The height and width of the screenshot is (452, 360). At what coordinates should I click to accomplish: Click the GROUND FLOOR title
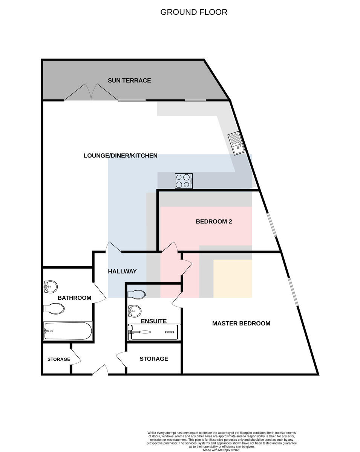[x=194, y=12]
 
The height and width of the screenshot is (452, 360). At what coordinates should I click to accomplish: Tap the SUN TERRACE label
[x=129, y=81]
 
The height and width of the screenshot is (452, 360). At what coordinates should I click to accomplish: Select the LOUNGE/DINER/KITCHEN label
[x=121, y=156]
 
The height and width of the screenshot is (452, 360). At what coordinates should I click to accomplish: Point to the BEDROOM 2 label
[x=214, y=221]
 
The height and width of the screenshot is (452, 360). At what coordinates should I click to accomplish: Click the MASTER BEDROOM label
[x=241, y=323]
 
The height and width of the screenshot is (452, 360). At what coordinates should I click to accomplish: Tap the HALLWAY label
[x=123, y=271]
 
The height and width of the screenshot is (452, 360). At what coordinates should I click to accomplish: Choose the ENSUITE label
[x=154, y=321]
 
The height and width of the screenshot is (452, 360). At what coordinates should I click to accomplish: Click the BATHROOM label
[x=74, y=298]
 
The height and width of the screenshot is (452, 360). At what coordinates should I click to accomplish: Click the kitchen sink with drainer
[x=236, y=143]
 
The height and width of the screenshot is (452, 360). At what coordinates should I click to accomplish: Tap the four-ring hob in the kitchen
[x=184, y=181]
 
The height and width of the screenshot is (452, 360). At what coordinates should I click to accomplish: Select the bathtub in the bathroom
[x=68, y=331]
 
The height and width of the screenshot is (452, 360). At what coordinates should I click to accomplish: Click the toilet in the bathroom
[x=54, y=309]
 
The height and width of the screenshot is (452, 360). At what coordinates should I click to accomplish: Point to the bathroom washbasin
[x=51, y=287]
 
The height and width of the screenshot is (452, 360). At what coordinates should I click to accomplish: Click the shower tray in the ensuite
[x=154, y=332]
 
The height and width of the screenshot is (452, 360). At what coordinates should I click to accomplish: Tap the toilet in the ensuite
[x=136, y=294]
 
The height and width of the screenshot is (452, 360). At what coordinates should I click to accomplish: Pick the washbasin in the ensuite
[x=135, y=311]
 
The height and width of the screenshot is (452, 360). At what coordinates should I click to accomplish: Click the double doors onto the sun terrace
[x=91, y=92]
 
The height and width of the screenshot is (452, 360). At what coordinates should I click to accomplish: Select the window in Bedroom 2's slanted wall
[x=272, y=225]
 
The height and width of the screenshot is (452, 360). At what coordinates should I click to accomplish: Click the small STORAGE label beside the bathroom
[x=59, y=359]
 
